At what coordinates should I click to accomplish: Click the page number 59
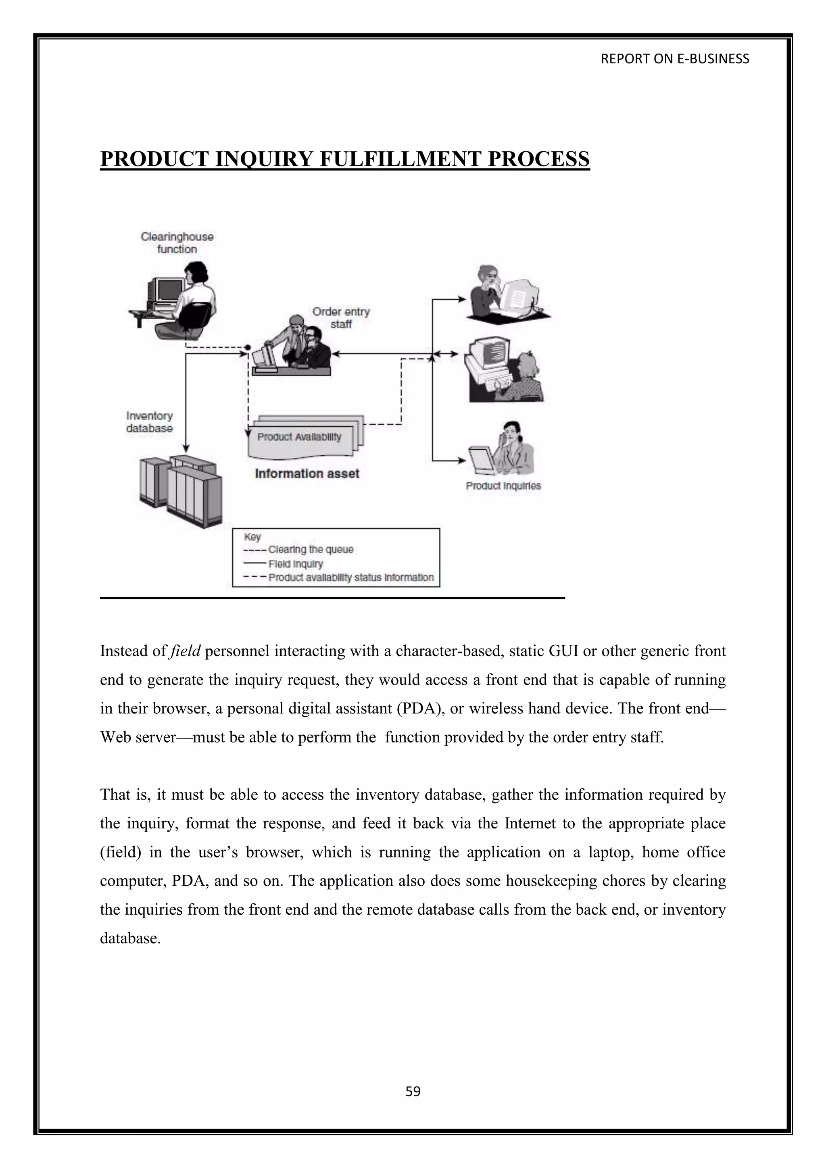pyautogui.click(x=413, y=1091)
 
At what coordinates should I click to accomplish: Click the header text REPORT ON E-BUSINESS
pyautogui.click(x=674, y=59)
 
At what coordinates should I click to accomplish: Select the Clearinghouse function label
pyautogui.click(x=177, y=243)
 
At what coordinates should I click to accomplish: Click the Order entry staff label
pyautogui.click(x=341, y=317)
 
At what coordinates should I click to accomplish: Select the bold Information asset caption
pyautogui.click(x=307, y=473)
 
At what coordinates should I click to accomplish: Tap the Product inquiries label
pyautogui.click(x=503, y=486)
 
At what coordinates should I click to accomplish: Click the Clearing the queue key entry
pyautogui.click(x=310, y=549)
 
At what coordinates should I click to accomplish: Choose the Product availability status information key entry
pyautogui.click(x=351, y=578)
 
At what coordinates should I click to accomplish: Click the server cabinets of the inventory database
pyautogui.click(x=181, y=491)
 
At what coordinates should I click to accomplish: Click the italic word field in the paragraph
pyautogui.click(x=186, y=651)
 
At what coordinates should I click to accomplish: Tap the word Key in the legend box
pyautogui.click(x=252, y=537)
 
